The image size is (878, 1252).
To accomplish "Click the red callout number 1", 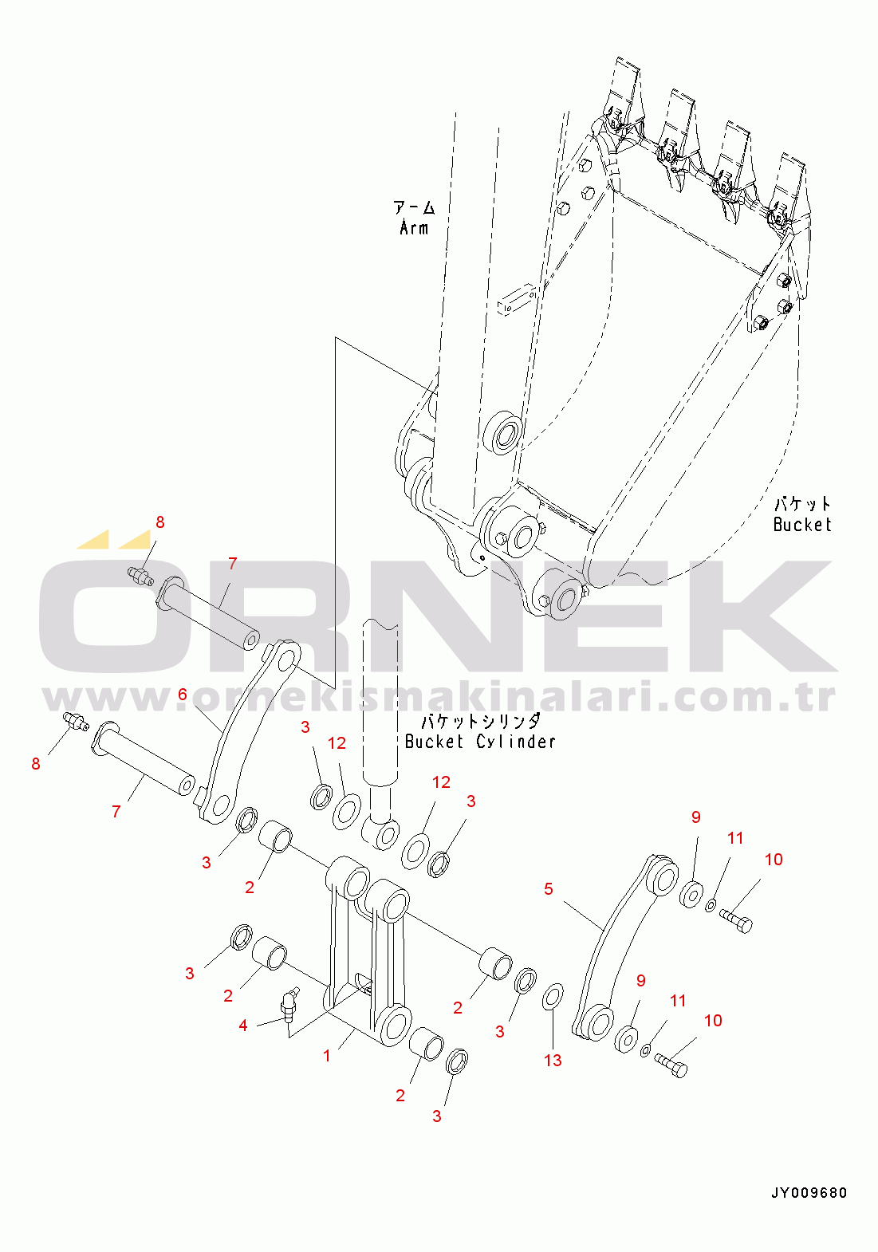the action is click(x=327, y=1055).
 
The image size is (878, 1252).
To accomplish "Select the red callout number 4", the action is click(x=243, y=1025).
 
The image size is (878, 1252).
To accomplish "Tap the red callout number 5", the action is click(x=549, y=888).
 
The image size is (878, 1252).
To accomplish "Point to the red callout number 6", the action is click(x=182, y=695).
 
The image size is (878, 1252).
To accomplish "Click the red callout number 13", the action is click(x=553, y=1061).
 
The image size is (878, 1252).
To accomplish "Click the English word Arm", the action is click(x=414, y=227).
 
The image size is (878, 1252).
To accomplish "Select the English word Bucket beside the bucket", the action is click(x=802, y=524).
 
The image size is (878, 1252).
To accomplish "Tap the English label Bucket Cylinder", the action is click(x=480, y=741).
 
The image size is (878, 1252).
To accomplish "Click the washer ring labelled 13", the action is click(x=553, y=997).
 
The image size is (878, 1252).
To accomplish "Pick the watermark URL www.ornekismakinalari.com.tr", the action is click(x=439, y=698).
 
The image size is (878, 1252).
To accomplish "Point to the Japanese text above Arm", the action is click(x=414, y=208).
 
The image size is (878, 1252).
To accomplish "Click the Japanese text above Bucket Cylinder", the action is click(x=480, y=721).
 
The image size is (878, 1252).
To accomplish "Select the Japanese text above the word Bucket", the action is click(x=802, y=504).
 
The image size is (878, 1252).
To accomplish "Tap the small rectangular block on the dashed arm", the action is click(x=516, y=300).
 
